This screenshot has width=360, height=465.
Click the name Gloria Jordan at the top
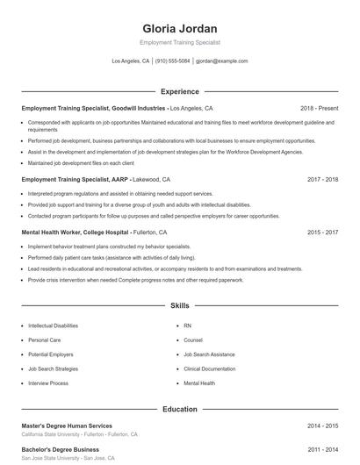179,28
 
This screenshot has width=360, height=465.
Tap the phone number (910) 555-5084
173,61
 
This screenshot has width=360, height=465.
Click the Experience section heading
180,91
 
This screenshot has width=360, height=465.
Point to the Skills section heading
180,306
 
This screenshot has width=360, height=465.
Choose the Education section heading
180,409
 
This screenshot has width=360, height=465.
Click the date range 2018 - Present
319,108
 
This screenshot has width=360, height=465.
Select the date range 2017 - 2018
323,179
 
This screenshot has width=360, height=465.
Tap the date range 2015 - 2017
323,232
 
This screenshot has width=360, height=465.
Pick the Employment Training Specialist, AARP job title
75,179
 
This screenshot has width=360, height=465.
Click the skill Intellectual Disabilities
53,325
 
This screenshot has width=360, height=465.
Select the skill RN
187,325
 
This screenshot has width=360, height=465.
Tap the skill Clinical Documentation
210,369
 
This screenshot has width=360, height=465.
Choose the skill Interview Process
47,383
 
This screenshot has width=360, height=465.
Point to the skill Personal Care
44,340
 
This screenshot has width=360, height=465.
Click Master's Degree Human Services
66,426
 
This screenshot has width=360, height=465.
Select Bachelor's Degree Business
60,449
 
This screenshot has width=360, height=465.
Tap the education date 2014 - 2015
323,426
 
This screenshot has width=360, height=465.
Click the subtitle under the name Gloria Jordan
179,42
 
